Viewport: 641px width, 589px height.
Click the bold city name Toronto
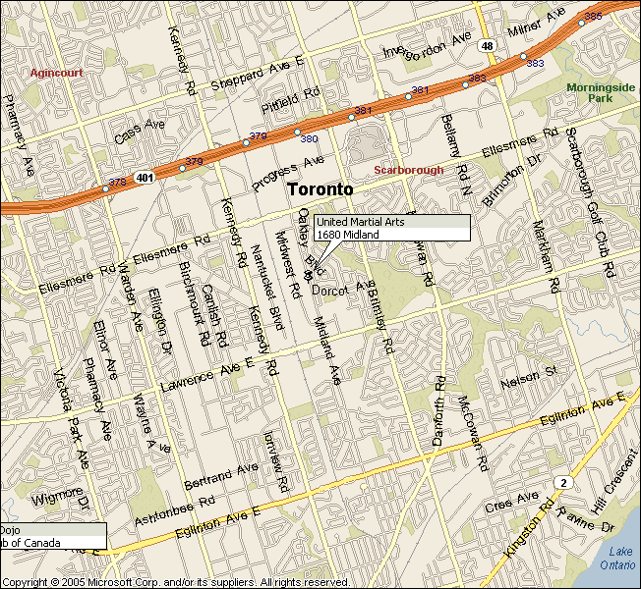(x=320, y=188)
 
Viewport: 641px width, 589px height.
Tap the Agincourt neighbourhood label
(x=56, y=73)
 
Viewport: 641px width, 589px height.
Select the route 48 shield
(x=487, y=45)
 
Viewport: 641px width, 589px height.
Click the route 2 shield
(x=563, y=482)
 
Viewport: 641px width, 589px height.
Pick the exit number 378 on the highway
(x=117, y=182)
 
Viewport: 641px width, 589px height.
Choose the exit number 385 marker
(x=593, y=16)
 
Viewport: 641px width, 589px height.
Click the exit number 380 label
(x=309, y=138)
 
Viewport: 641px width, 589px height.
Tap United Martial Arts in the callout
(x=360, y=222)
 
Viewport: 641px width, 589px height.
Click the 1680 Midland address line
(x=343, y=234)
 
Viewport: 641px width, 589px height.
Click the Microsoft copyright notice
(x=176, y=582)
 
